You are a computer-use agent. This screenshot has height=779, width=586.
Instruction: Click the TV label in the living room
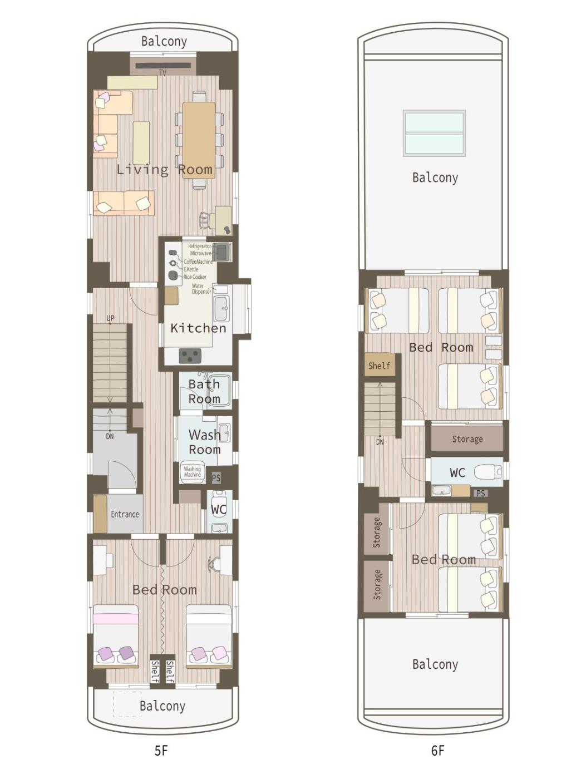click(x=163, y=73)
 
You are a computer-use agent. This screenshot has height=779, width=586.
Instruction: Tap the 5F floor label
click(x=161, y=751)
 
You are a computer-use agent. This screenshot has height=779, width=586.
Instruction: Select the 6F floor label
click(x=437, y=751)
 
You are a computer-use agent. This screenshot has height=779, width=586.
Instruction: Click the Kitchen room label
click(x=198, y=328)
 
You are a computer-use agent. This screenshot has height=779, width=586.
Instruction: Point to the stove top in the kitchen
click(x=190, y=356)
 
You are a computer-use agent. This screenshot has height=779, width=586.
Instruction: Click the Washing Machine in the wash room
click(x=193, y=472)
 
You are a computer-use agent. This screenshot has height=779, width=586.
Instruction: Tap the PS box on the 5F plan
click(x=216, y=477)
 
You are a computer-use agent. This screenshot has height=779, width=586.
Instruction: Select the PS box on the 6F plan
click(x=481, y=493)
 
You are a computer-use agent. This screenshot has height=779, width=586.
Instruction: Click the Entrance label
click(x=125, y=514)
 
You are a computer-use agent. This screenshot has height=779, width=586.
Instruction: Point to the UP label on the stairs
click(x=110, y=318)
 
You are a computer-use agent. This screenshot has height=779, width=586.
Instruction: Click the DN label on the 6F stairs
click(x=380, y=442)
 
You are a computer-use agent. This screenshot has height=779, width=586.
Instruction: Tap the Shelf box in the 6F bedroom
click(x=380, y=365)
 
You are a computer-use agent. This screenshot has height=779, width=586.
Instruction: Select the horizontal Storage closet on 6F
click(x=467, y=439)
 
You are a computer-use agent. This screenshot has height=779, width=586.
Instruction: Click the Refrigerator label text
click(x=199, y=246)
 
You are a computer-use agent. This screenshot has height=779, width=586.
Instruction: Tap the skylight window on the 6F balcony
click(x=434, y=133)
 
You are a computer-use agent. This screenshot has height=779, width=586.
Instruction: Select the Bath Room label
click(x=204, y=392)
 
